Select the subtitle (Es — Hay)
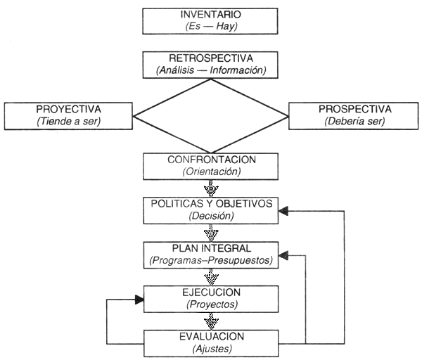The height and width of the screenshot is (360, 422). click(213, 27)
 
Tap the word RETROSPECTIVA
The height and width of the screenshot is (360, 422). click(212, 58)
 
